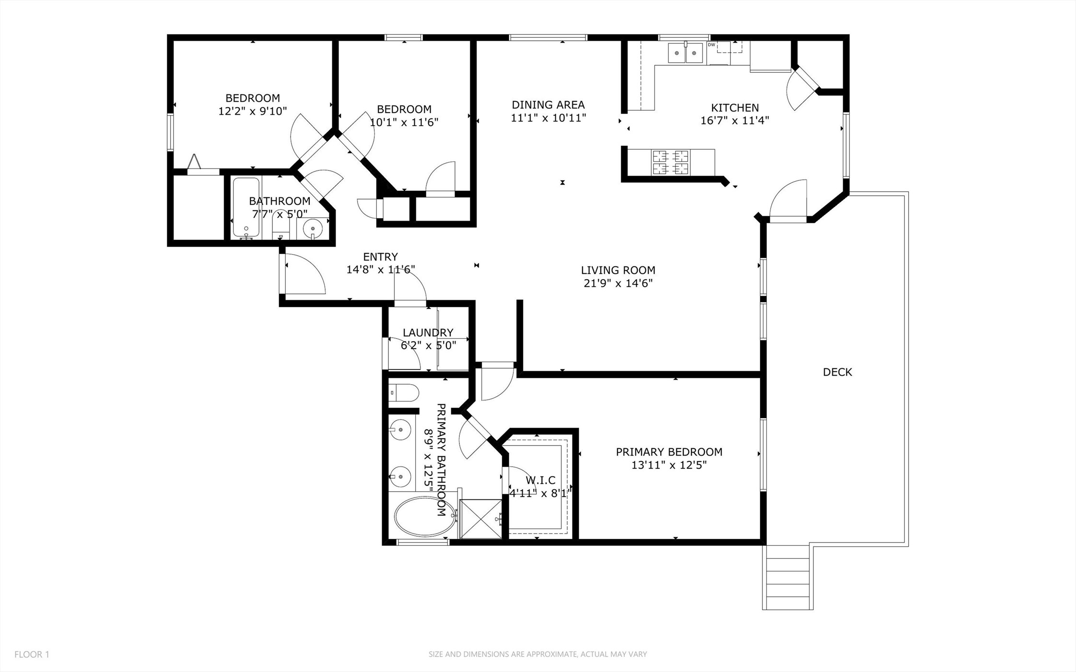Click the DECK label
[x=837, y=372]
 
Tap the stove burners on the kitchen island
[x=670, y=163]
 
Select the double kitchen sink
[x=686, y=53]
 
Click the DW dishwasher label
[x=712, y=45]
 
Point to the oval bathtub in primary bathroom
[x=424, y=517]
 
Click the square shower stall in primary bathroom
[x=480, y=519]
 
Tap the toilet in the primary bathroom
[x=403, y=393]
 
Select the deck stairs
[x=787, y=578]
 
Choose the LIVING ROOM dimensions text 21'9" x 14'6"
[x=618, y=283]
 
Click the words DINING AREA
[x=548, y=105]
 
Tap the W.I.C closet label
[x=540, y=480]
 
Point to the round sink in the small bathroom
[x=313, y=228]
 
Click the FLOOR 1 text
[x=32, y=654]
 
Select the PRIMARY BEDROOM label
[x=669, y=452]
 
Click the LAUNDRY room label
[x=428, y=332]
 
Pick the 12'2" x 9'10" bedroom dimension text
[x=253, y=111]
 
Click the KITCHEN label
[x=735, y=108]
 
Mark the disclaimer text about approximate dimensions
[x=538, y=654]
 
